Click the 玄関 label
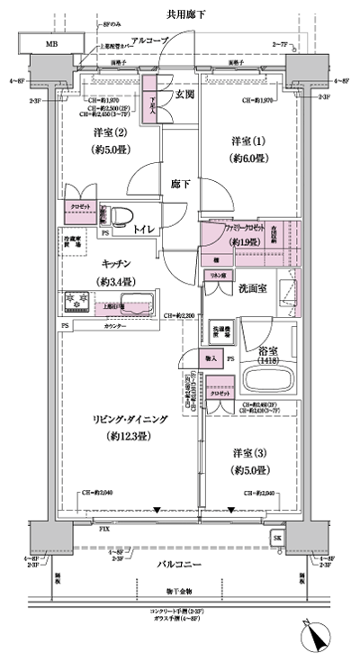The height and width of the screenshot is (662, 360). [x=184, y=94]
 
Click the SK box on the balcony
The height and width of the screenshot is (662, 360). [x=277, y=538]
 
